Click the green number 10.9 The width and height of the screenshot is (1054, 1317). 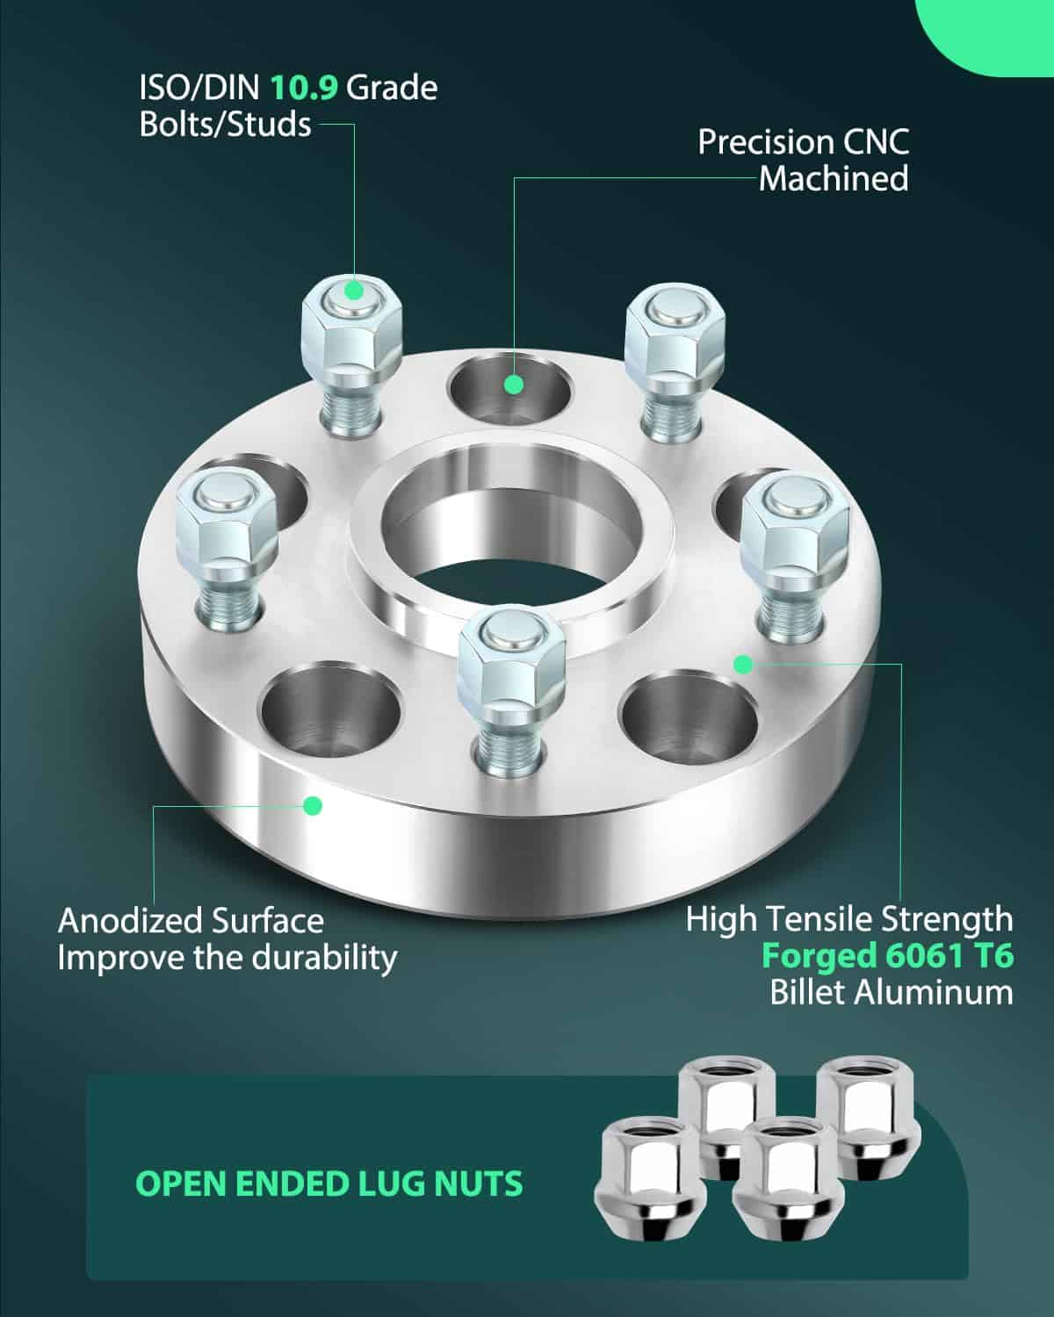[x=304, y=88]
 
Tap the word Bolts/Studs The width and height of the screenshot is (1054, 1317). [x=226, y=125]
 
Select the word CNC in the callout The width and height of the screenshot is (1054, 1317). [x=876, y=142]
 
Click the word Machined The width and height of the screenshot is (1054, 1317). [x=834, y=179]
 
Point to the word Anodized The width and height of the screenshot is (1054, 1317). [x=131, y=921]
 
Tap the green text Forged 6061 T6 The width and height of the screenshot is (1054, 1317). [x=887, y=955]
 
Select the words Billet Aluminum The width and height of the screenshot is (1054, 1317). [x=892, y=992]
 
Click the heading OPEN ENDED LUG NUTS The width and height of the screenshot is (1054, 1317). [x=328, y=1184]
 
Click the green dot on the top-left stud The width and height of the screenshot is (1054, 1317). [x=353, y=290]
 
